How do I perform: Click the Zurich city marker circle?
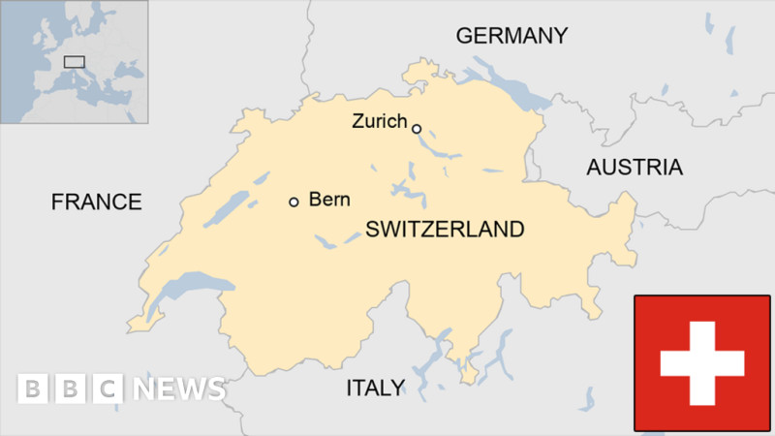417,128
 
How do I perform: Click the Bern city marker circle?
294,202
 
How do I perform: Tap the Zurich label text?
379,122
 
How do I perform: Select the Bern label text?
328,201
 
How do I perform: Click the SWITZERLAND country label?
445,230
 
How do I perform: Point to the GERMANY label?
511,36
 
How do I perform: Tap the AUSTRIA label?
634,167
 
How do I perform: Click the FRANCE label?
96,202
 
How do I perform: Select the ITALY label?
376,389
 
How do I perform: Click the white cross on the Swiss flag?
702,363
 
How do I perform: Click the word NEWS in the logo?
179,389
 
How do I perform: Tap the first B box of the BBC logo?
33,389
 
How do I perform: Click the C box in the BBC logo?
108,389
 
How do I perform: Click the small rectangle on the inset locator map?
74,62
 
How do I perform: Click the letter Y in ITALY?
398,389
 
